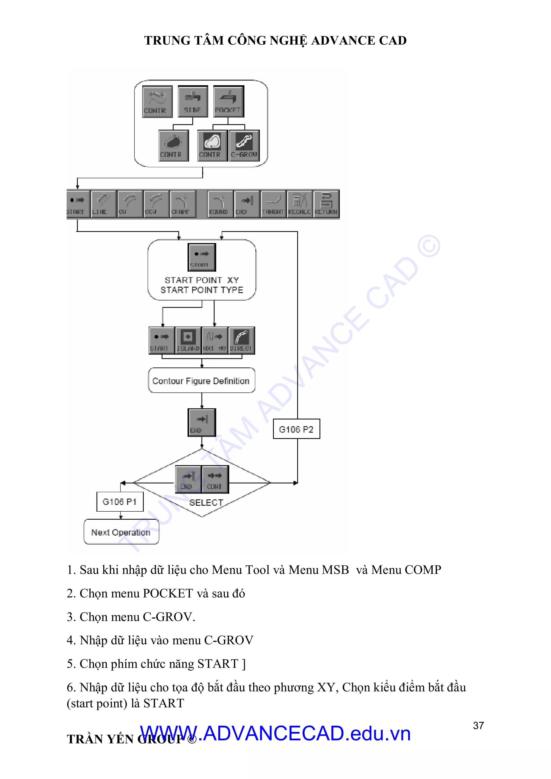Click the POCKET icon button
pos(228,101)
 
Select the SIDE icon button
pos(192,101)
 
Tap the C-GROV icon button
pos(244,146)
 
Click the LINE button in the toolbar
pos(103,204)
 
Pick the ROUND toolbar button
pos(220,204)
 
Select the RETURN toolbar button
pos(326,204)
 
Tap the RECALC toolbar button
pos(299,204)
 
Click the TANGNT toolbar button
pos(273,204)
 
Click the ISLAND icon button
pos(188,340)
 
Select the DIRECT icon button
pos(241,340)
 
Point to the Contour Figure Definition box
pos(201,381)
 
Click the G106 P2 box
pos(296,429)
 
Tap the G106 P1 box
pos(120,501)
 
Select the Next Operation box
pos(121,532)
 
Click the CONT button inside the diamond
pos(215,479)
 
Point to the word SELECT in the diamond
pos(206,502)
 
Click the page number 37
pos(478,725)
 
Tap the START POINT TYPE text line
pos(202,290)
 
